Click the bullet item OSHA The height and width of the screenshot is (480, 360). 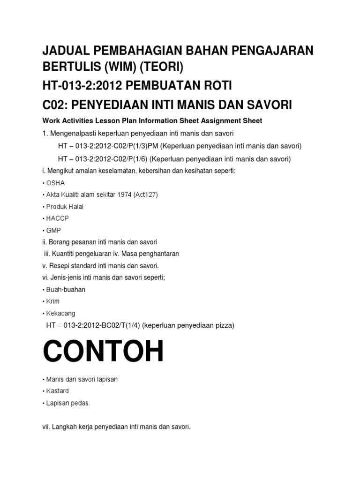point(55,183)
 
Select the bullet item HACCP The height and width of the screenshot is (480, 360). point(58,218)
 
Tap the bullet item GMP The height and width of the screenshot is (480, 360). point(53,231)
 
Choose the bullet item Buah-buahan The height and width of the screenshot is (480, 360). point(66,289)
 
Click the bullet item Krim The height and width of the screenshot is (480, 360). point(52,301)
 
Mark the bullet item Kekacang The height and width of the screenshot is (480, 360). point(60,313)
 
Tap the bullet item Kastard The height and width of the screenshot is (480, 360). point(57,390)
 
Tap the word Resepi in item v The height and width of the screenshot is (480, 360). point(61,265)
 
